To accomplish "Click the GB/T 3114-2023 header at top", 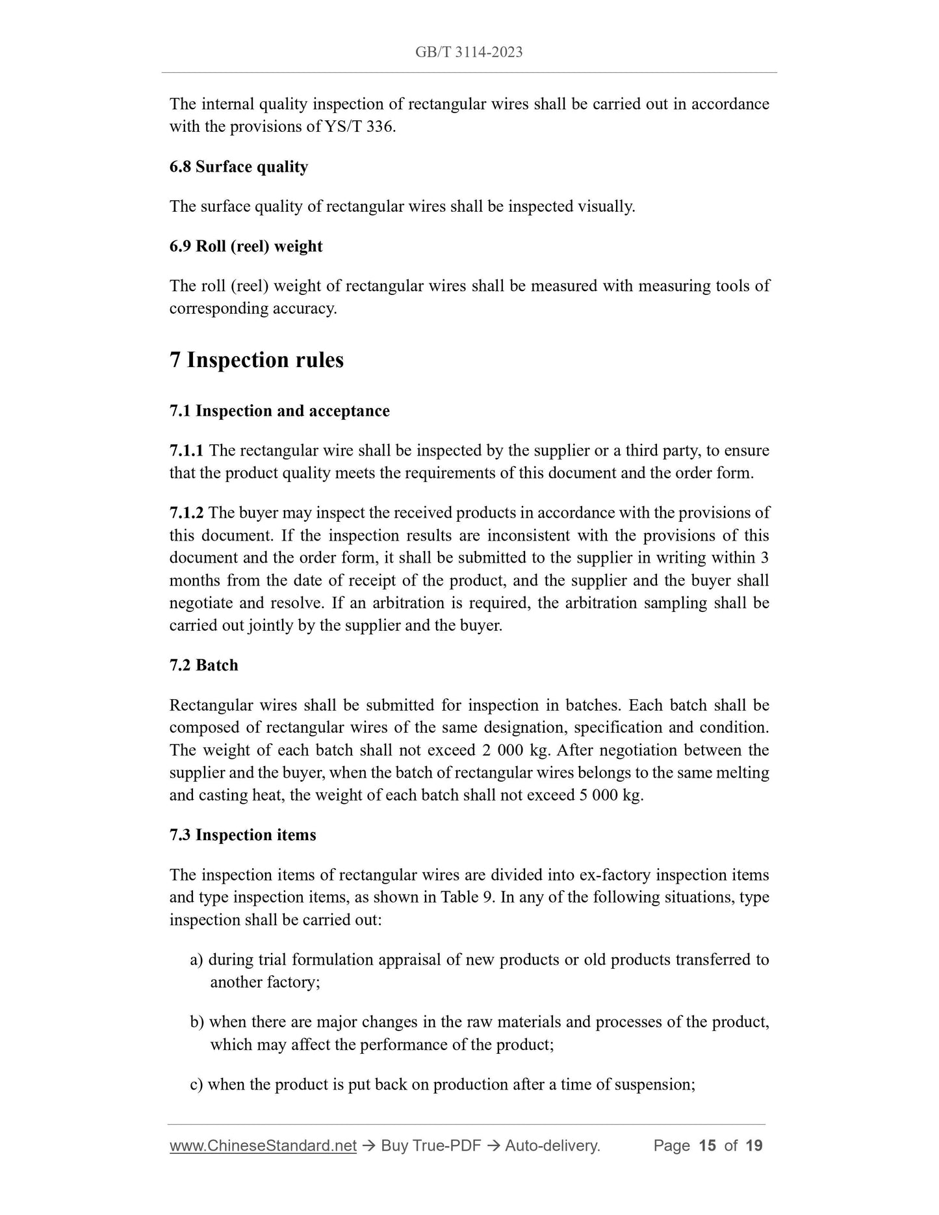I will pos(469,53).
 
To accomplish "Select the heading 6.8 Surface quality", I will pos(238,167).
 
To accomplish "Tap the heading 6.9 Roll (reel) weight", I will pos(246,246).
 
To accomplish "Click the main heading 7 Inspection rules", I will pos(257,360).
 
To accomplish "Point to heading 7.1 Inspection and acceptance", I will pos(279,411).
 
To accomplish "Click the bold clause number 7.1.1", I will pos(187,451).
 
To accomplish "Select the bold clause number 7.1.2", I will pos(187,513).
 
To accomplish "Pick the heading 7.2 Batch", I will pos(203,665).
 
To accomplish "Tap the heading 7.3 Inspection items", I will pos(242,835).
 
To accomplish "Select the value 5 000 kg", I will pos(610,795).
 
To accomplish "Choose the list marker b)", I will pos(197,1022).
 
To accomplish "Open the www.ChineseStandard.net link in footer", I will pos(263,1145).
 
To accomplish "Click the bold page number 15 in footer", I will pos(707,1145).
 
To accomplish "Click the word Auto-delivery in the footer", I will pos(552,1145).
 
